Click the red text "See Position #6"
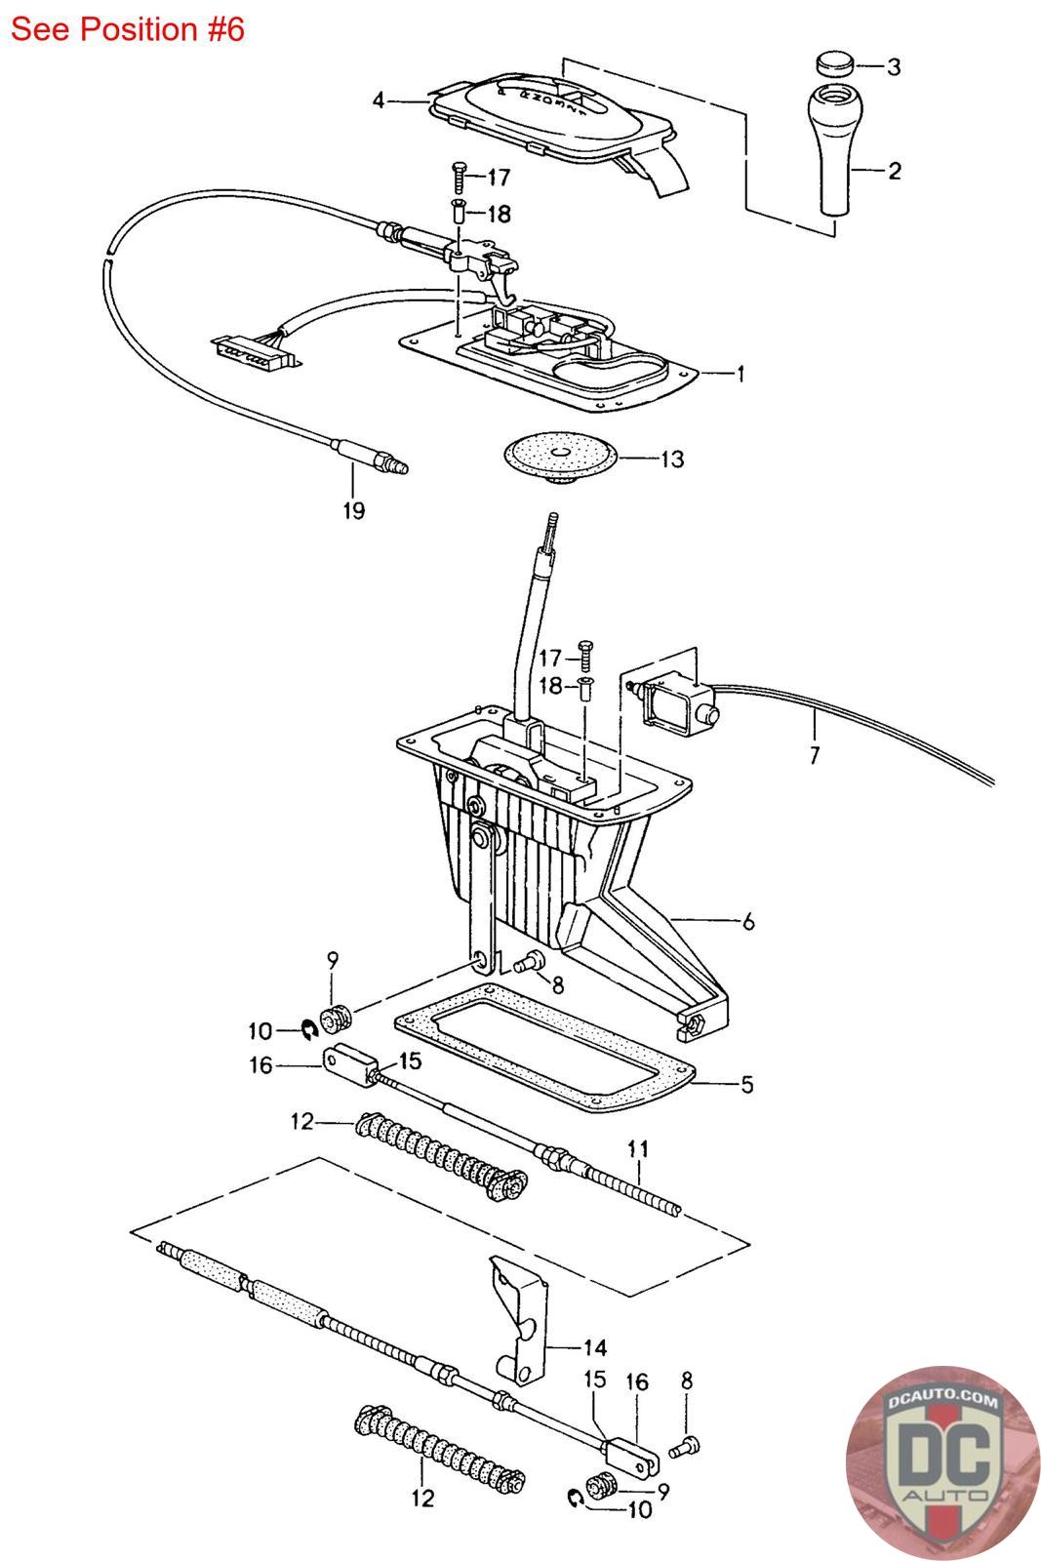tap(128, 29)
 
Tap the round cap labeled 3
tap(834, 63)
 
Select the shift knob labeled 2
tap(835, 149)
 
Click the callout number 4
tap(379, 101)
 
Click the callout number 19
tap(353, 511)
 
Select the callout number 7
tap(815, 755)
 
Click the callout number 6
tap(748, 921)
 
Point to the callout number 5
tap(746, 1084)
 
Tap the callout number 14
tap(594, 1347)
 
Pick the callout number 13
tap(671, 460)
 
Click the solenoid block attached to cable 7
tap(678, 704)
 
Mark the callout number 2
tap(894, 171)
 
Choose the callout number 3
tap(894, 67)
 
